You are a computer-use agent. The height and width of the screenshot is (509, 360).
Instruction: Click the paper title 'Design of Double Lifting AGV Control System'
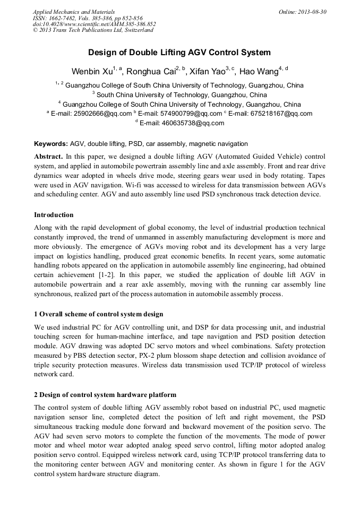pos(179,53)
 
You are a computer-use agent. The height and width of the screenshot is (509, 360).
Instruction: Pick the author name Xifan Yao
pos(208,72)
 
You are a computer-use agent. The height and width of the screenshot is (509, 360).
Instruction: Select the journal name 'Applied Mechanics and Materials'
pos(73,12)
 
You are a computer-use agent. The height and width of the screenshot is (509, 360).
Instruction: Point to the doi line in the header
pos(94,24)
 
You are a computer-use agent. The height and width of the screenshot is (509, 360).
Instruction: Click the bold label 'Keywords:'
pos(51,144)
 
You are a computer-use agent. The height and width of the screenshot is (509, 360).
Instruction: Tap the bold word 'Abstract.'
pos(49,157)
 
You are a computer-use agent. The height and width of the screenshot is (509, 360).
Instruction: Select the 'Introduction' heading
pos(54,215)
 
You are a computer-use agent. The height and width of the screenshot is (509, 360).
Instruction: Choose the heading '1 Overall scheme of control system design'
pos(99,314)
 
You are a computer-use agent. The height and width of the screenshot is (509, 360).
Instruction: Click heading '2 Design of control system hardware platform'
pos(105,395)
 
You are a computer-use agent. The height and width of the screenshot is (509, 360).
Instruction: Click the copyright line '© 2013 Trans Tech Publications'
pos(93,30)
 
